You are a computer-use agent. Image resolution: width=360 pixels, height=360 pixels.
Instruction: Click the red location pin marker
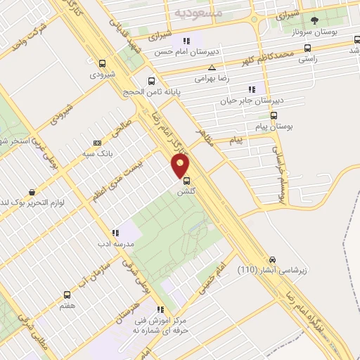181,166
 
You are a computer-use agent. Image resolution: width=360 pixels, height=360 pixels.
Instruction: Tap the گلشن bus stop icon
185,179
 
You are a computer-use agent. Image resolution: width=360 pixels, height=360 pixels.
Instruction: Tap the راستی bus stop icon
307,49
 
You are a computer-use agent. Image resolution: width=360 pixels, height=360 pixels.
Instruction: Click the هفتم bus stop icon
67,295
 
